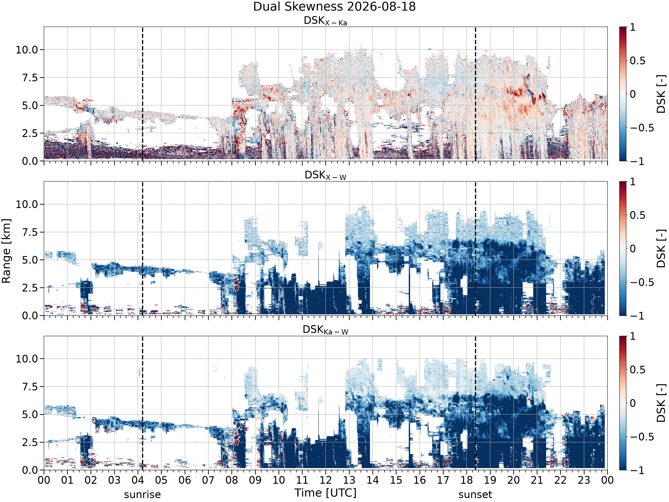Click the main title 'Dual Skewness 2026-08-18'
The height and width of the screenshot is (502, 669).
[x=334, y=7]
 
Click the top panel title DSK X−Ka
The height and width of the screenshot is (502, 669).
[x=325, y=21]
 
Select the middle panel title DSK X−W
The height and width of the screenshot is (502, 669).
[x=325, y=176]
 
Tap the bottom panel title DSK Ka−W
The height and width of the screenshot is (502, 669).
[x=325, y=330]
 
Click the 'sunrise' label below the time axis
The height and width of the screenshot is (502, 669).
[x=142, y=494]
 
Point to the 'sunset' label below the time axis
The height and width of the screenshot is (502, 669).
[x=475, y=494]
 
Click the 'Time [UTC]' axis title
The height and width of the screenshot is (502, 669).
[x=325, y=493]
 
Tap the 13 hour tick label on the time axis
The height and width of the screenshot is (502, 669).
[x=349, y=480]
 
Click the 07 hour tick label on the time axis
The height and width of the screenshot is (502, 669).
[x=208, y=480]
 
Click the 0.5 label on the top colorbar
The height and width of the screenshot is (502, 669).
[x=638, y=60]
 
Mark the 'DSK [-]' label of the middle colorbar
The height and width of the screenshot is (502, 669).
[x=661, y=248]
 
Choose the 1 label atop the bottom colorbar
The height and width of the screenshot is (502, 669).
[x=633, y=336]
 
